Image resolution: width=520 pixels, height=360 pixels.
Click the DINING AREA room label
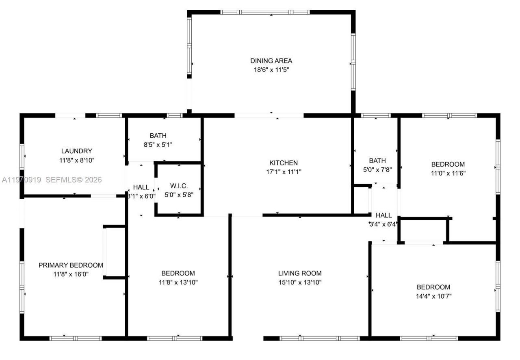[x=271, y=61]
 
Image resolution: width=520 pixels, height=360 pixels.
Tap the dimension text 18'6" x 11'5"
[x=271, y=69]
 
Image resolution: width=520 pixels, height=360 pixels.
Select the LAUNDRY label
[x=76, y=151]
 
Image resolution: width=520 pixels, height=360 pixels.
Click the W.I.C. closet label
[x=179, y=186]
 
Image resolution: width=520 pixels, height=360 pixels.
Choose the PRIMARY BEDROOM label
[x=71, y=265]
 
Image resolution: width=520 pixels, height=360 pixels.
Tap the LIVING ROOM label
[x=300, y=273]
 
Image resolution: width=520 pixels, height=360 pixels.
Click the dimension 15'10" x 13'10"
[x=300, y=282]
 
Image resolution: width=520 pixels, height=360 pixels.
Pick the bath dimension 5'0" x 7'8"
[x=377, y=169]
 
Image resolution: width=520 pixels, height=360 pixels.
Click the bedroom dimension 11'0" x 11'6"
[x=448, y=173]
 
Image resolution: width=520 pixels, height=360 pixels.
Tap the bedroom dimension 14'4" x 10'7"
[x=433, y=296]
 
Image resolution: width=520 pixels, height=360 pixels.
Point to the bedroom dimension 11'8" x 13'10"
[x=178, y=282]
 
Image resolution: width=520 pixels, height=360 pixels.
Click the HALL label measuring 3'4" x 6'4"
[x=383, y=215]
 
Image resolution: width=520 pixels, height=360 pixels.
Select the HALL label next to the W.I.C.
[x=141, y=187]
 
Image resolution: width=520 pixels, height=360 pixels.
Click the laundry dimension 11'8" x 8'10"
[x=76, y=160]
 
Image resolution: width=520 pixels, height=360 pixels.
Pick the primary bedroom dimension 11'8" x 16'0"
[x=71, y=274]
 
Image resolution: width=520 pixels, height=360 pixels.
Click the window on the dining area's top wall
[x=265, y=12]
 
